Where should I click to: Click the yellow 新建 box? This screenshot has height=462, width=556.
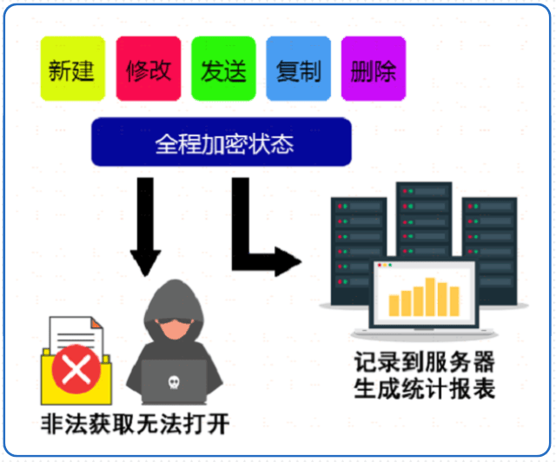pos(71,69)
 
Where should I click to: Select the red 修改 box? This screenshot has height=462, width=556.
pos(148,69)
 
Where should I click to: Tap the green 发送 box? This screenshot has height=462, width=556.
pos(222,69)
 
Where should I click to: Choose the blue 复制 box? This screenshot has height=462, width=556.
pos(298,69)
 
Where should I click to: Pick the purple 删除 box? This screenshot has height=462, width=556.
pos(374,69)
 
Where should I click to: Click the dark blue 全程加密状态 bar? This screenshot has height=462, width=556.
pos(222,142)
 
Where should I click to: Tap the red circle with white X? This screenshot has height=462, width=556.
pos(76,372)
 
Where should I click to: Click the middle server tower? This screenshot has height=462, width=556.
pos(423,217)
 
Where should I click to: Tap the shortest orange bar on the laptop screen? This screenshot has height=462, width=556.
pos(394,304)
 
